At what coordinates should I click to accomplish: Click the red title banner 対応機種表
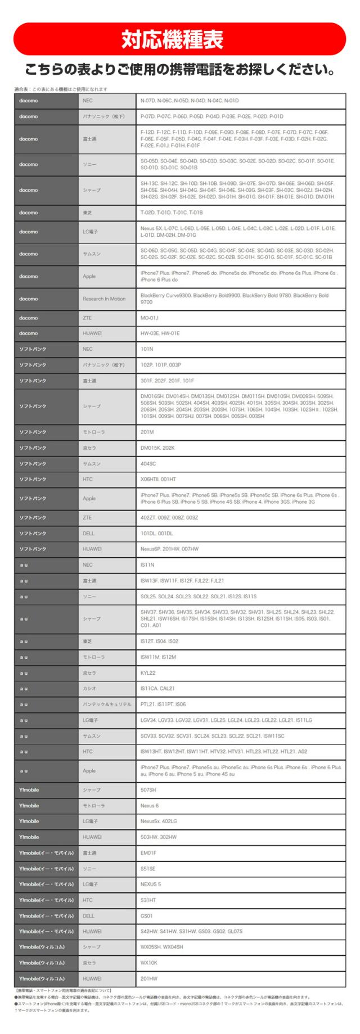179,38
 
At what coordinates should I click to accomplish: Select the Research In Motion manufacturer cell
106,299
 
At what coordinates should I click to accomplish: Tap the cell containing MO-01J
240,318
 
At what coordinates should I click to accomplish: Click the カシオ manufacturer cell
106,688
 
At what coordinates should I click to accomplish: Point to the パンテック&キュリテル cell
106,704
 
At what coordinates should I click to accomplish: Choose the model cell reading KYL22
240,672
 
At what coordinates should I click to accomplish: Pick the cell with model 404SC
240,464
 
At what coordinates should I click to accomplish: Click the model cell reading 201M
240,432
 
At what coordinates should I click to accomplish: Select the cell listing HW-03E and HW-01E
240,333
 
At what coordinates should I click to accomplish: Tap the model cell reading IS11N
240,565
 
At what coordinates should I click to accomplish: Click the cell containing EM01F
240,853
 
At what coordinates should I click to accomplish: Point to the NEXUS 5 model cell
240,884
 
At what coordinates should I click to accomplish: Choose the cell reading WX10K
240,963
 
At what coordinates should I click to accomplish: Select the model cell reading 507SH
240,790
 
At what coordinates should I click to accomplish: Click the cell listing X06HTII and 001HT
240,480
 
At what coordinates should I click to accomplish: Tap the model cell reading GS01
240,916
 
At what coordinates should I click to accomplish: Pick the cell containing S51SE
240,869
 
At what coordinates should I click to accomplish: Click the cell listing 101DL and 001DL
240,533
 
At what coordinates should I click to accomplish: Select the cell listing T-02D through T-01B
240,213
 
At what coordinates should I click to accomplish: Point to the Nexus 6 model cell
240,806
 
